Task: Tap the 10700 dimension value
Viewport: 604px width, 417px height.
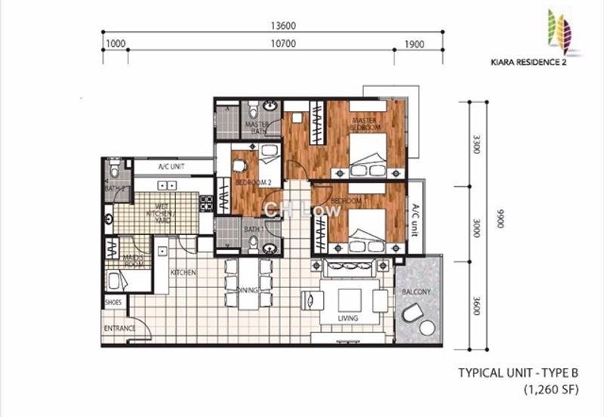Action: coord(261,44)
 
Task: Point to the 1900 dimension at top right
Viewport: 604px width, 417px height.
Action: coord(414,44)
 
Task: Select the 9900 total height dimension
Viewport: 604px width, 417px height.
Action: coord(497,221)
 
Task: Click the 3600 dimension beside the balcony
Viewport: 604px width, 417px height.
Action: coord(474,305)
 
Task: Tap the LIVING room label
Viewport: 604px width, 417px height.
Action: coord(348,319)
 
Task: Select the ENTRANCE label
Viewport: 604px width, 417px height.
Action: coord(119,329)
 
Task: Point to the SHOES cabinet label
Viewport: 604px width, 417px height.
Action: coord(113,302)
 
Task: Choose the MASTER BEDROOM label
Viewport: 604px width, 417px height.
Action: coord(365,125)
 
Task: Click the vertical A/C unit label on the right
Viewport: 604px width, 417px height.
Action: coord(414,219)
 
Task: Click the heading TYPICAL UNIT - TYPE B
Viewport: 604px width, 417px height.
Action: coord(517,372)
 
